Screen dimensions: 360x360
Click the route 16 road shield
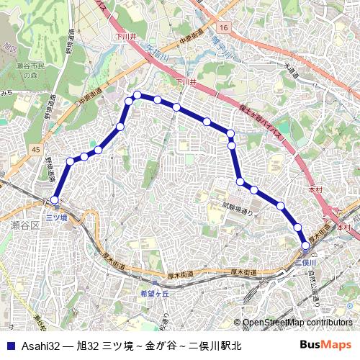(225, 27)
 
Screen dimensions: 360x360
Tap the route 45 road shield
(36, 148)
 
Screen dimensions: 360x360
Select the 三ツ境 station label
(56, 217)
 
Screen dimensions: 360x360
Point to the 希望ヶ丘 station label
(154, 294)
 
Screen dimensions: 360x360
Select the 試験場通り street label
(238, 207)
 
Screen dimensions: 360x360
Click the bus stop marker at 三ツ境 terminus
(55, 199)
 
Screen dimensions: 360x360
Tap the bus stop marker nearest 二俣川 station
(306, 246)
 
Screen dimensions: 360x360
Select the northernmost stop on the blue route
(137, 95)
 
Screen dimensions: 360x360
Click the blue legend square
(9, 346)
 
